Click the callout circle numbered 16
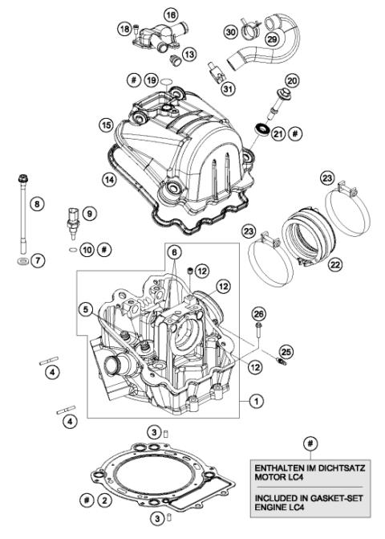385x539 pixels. point(170,15)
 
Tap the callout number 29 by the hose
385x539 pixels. point(272,39)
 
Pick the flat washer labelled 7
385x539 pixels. point(20,262)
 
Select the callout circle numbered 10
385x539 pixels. point(88,250)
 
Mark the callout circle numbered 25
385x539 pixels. point(286,352)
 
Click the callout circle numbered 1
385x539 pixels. point(256,399)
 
